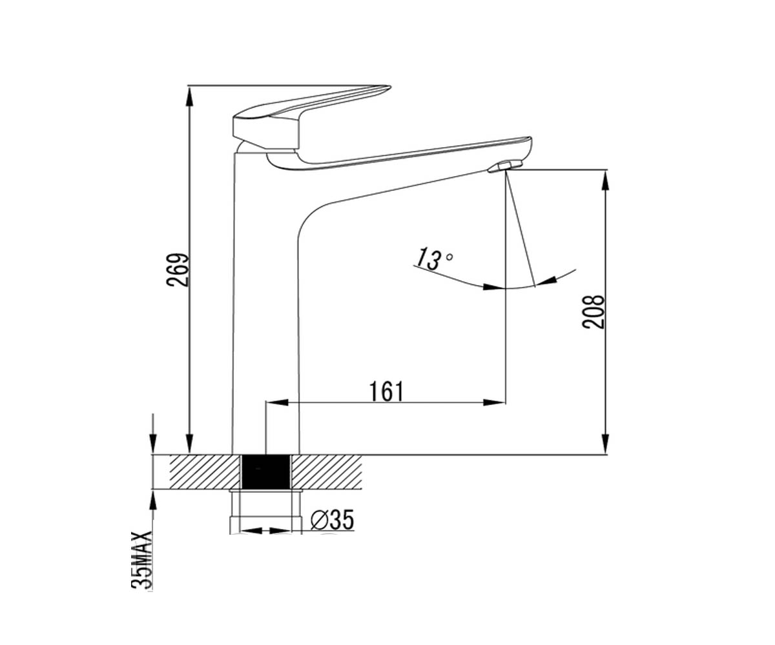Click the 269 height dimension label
coord(178,270)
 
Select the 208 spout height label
coord(593,312)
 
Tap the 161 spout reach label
coord(386,392)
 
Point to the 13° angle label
coord(433,259)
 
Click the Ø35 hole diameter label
coord(332,520)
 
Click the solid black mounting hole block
coord(265,471)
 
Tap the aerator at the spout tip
coord(505,166)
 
